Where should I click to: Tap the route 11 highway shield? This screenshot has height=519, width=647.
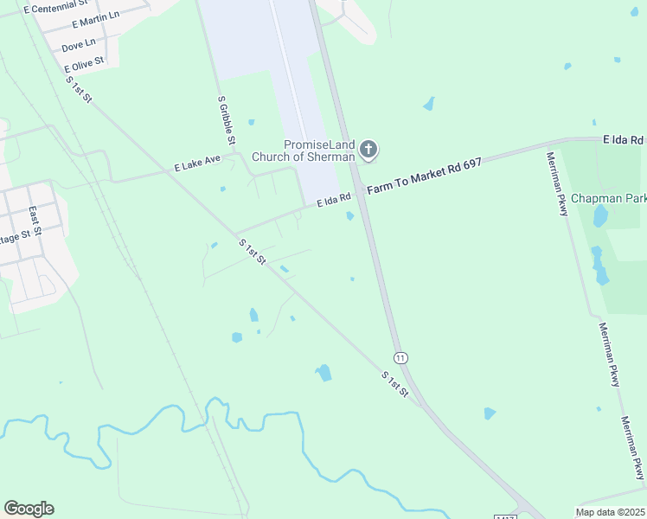[x=400, y=357]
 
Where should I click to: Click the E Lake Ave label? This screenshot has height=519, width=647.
[x=197, y=163]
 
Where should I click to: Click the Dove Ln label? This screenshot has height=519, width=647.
[x=78, y=45]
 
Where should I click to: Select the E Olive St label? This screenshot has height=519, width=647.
[x=84, y=64]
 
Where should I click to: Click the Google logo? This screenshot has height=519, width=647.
[x=29, y=509]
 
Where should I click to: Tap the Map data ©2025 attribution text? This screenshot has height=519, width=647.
[x=611, y=512]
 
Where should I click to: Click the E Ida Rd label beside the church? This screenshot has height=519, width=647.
[x=333, y=199]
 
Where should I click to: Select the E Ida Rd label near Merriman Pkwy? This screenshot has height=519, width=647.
[x=624, y=139]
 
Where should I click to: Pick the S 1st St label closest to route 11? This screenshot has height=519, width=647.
[x=394, y=384]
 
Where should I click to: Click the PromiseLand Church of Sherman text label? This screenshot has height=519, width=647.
[x=303, y=151]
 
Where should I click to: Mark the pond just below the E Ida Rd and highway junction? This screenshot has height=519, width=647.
[x=350, y=216]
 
